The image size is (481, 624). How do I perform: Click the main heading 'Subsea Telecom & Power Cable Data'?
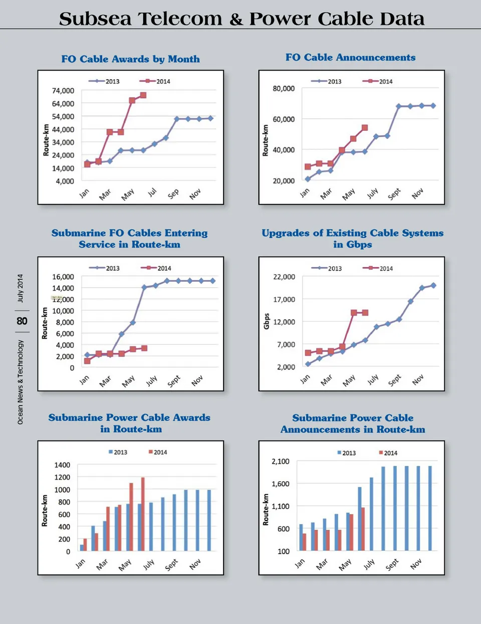point(242,19)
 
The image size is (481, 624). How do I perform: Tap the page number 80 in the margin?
point(22,321)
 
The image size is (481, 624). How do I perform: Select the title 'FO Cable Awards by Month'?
point(130,59)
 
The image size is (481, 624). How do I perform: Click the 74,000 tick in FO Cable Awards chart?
point(63,91)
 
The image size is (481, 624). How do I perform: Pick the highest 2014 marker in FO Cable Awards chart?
point(143,95)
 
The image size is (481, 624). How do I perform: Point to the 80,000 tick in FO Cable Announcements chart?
point(284,89)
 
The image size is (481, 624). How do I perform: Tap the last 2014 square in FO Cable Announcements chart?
point(365,128)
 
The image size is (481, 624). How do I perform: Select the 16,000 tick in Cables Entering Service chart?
point(63,277)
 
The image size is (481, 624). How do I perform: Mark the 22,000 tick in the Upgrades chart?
point(284,277)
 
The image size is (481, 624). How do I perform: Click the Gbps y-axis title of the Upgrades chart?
point(267,321)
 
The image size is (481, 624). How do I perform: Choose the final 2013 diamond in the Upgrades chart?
point(433,286)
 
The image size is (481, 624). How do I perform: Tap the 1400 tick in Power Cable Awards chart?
point(62,465)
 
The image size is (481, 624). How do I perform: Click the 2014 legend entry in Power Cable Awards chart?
point(158,452)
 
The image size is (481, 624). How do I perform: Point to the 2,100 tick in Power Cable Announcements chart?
point(281,461)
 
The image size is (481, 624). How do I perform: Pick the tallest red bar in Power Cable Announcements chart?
point(363,529)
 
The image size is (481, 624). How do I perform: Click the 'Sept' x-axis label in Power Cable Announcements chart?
point(392,564)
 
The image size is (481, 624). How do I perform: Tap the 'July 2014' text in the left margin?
point(21,288)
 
